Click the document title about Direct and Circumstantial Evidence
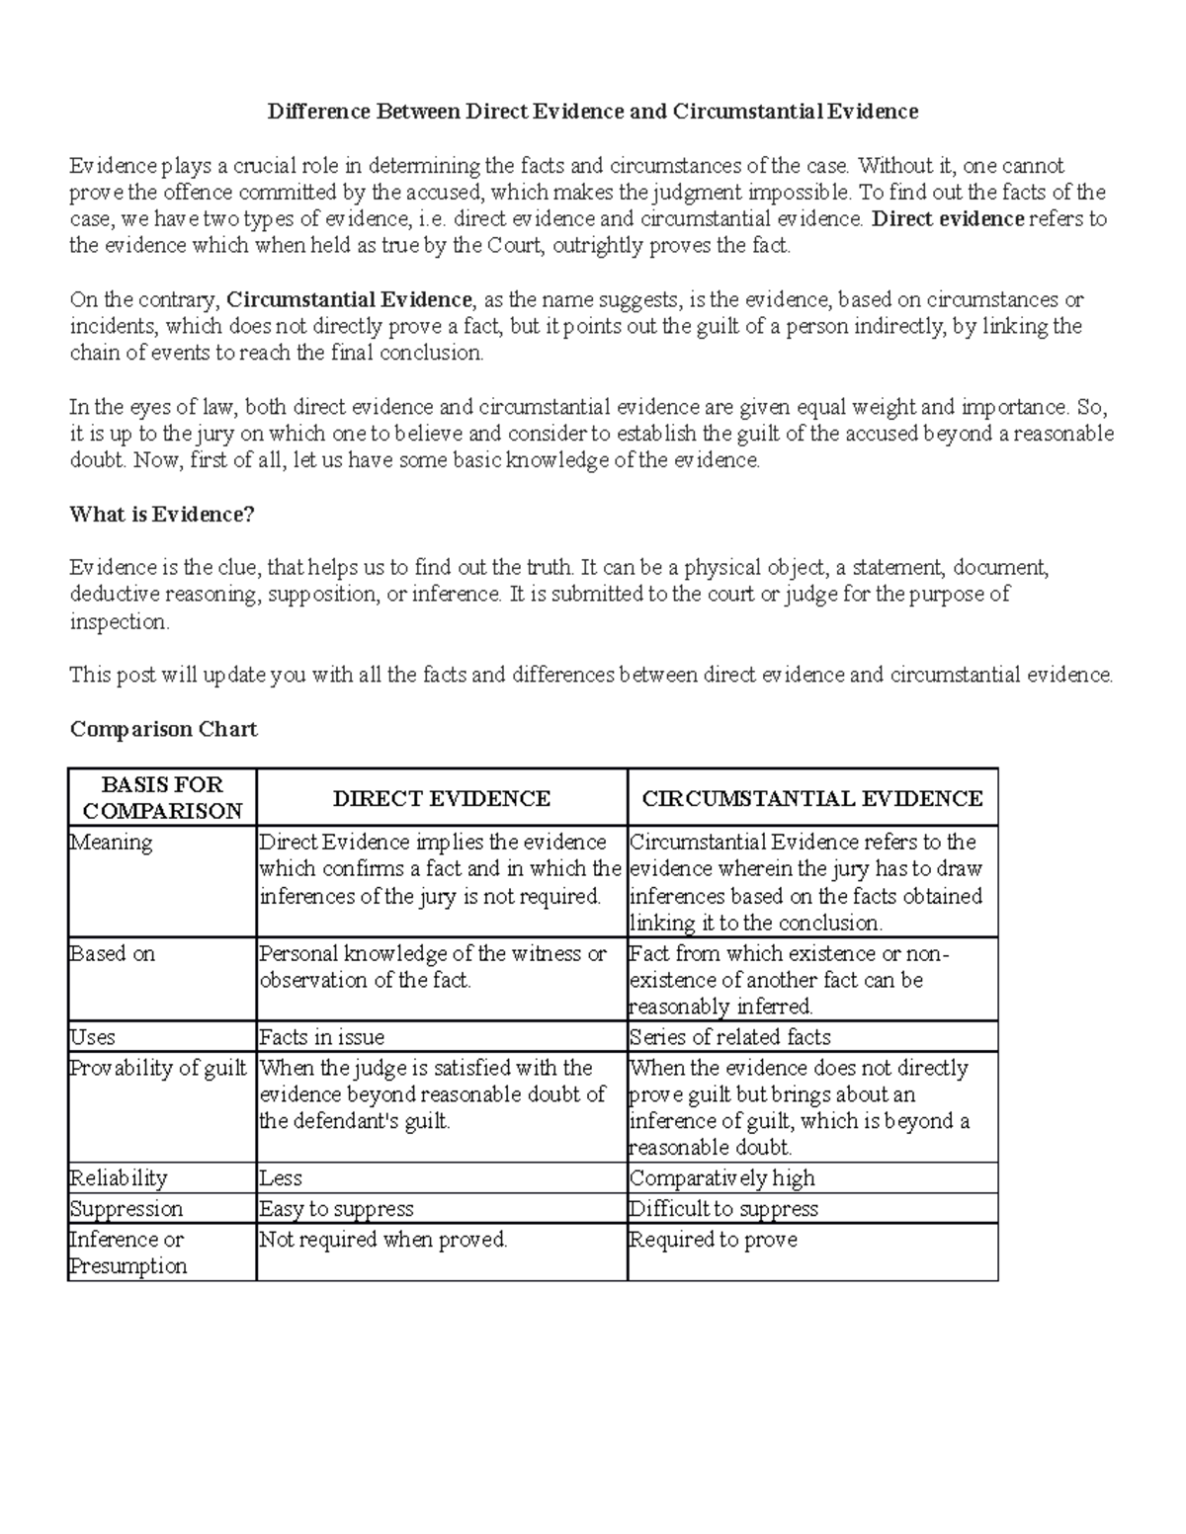pyautogui.click(x=592, y=112)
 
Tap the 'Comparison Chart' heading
pyautogui.click(x=163, y=729)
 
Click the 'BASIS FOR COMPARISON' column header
pyautogui.click(x=162, y=797)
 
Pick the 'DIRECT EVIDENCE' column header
pyautogui.click(x=442, y=798)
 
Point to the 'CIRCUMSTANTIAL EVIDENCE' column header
pyautogui.click(x=812, y=798)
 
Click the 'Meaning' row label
pyautogui.click(x=111, y=843)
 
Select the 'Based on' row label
pyautogui.click(x=113, y=954)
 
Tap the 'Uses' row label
pyautogui.click(x=92, y=1037)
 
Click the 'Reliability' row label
pyautogui.click(x=118, y=1178)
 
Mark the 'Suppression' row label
pyautogui.click(x=126, y=1209)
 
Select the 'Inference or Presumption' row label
pyautogui.click(x=127, y=1252)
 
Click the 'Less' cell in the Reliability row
pyautogui.click(x=281, y=1178)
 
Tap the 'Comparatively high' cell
pyautogui.click(x=722, y=1178)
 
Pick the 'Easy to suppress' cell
pyautogui.click(x=336, y=1209)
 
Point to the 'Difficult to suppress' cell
pyautogui.click(x=724, y=1209)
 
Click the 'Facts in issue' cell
pyautogui.click(x=321, y=1037)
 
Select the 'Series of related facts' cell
pyautogui.click(x=729, y=1037)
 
